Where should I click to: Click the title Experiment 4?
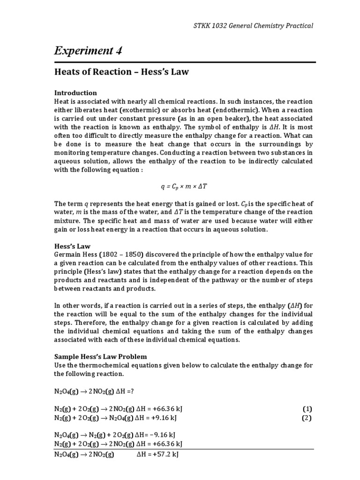coord(88,51)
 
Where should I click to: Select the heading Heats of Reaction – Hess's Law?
coord(122,72)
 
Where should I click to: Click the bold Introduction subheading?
coord(75,93)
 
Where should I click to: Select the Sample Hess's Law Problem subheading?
coord(100,356)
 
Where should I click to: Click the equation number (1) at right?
coord(307,409)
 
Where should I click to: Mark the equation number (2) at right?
coord(307,418)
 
